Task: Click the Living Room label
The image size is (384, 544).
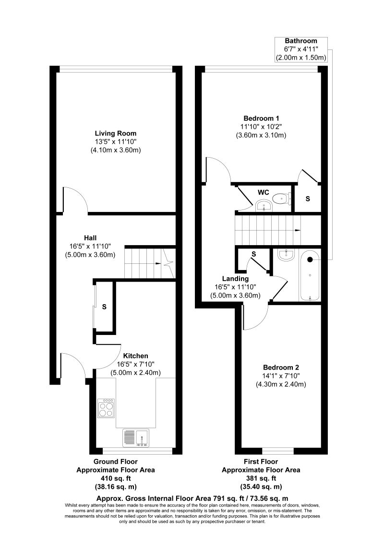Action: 116,133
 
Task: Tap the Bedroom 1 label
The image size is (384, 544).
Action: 261,118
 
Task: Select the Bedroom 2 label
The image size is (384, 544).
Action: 281,368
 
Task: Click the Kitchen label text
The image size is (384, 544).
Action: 135,356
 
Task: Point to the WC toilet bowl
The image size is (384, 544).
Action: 281,199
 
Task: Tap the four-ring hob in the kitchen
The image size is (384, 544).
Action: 107,408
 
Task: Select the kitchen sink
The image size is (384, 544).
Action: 136,438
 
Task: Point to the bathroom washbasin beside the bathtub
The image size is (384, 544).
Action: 286,255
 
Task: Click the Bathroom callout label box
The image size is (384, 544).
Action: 301,49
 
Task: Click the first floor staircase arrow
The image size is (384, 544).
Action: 297,230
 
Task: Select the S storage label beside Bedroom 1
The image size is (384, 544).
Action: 308,199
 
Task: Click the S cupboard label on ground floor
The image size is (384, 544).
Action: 104,307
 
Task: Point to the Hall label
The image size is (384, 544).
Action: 90,238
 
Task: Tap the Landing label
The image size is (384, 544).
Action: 235,279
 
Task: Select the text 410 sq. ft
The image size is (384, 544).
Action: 115,479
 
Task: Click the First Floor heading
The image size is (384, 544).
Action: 261,462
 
